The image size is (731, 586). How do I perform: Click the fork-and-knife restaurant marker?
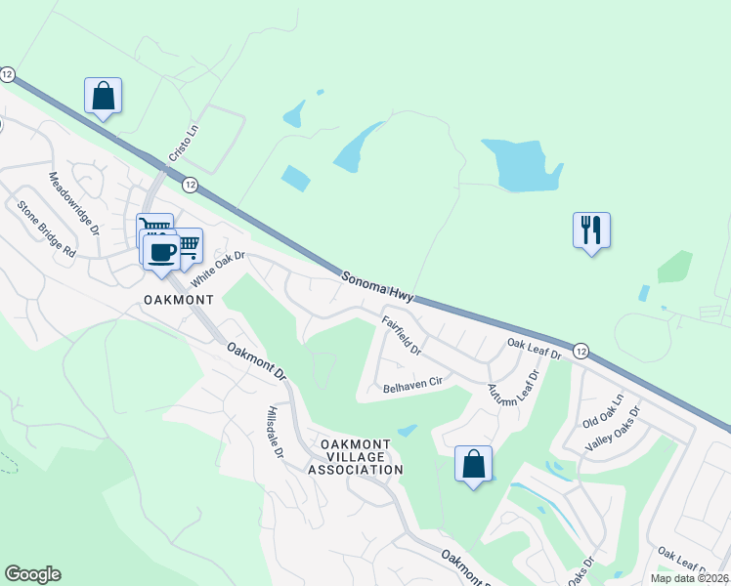tap(591, 230)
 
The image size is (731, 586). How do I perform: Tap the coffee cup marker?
tap(161, 252)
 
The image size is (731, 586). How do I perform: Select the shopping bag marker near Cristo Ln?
tap(103, 96)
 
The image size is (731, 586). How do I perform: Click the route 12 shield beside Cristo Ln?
tap(190, 185)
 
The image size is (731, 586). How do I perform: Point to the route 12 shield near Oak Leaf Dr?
tap(580, 350)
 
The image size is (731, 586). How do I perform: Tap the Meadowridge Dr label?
tap(74, 204)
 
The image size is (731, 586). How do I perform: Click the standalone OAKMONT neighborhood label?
tap(179, 299)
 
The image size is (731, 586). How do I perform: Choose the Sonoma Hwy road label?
tap(378, 287)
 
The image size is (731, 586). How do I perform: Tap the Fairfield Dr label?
tap(401, 334)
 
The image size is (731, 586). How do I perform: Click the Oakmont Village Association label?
tap(356, 457)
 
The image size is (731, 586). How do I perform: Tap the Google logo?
tap(32, 574)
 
